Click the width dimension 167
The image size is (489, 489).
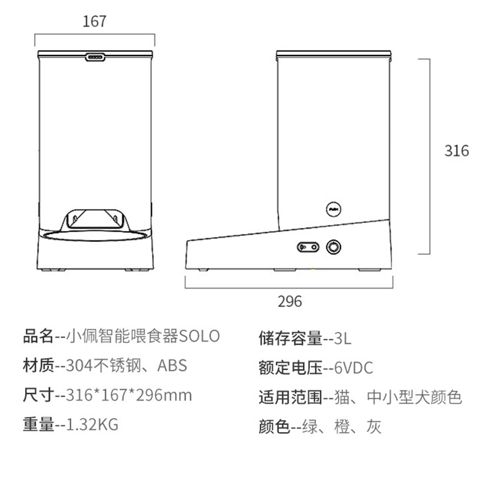(94, 21)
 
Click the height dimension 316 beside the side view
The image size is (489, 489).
(456, 150)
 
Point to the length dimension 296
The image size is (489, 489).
(290, 301)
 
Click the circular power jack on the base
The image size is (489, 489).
(333, 247)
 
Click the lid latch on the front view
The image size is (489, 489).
(94, 58)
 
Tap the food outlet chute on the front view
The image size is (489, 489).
(94, 219)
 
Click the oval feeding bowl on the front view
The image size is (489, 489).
(94, 235)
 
